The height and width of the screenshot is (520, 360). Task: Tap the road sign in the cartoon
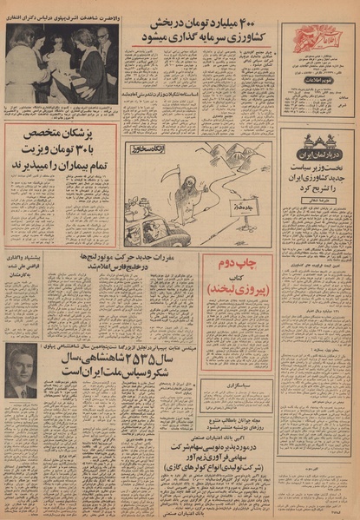pyautogui.click(x=245, y=208)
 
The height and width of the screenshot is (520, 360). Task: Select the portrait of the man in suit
pyautogui.click(x=20, y=371)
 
